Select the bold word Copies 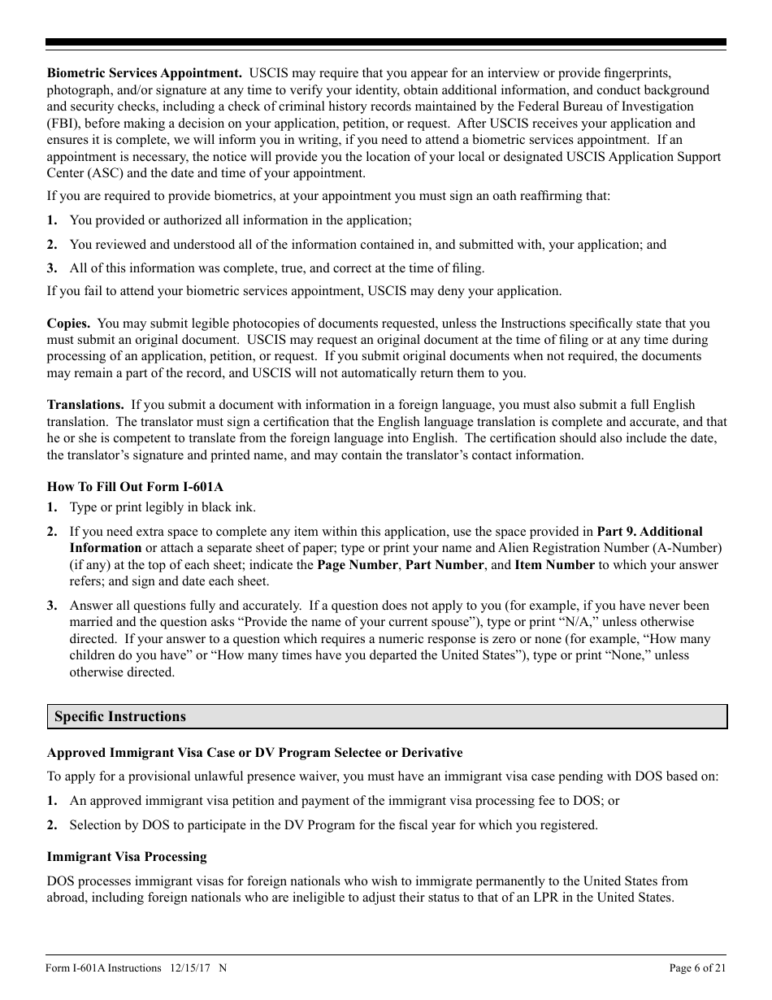coord(68,323)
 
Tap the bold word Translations coord(85,404)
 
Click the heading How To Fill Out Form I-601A coord(135,486)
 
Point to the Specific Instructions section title coord(120,716)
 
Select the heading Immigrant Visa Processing coord(127,856)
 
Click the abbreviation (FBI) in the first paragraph coord(63,123)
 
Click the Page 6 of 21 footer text coord(696,967)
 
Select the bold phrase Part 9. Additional coord(649,531)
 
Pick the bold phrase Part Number coord(445,564)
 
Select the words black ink coord(229,507)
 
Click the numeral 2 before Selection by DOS coord(51,824)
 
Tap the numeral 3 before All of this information coord(51,267)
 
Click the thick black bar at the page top coord(386,42)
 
